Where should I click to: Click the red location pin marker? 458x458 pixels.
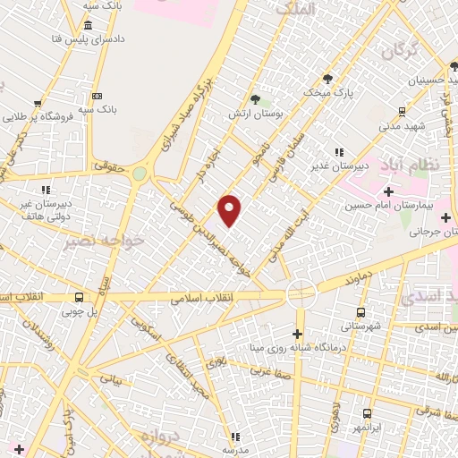[230, 211]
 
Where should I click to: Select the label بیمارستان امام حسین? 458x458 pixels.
[390, 206]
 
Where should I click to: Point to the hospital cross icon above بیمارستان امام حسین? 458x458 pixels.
[388, 191]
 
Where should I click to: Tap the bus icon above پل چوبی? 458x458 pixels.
[80, 298]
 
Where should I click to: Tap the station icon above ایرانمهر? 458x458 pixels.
[367, 413]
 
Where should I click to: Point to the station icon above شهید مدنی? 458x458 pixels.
[402, 111]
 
